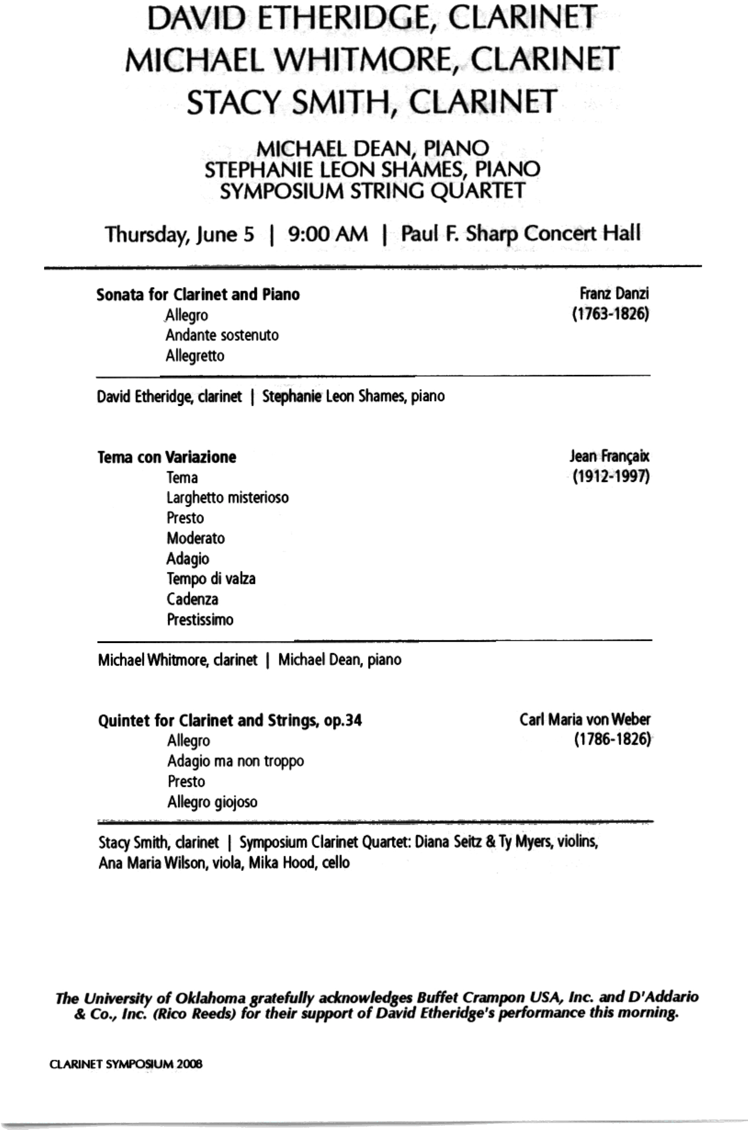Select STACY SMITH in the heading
pyautogui.click(x=286, y=102)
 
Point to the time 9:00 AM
pyautogui.click(x=328, y=234)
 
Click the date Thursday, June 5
pyautogui.click(x=180, y=235)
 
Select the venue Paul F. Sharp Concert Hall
pyautogui.click(x=521, y=234)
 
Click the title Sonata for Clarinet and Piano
pyautogui.click(x=198, y=294)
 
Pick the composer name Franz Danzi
pyautogui.click(x=614, y=294)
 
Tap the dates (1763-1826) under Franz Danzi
pyautogui.click(x=611, y=314)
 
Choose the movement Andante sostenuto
pyautogui.click(x=222, y=335)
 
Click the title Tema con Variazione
pyautogui.click(x=167, y=457)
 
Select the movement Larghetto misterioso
pyautogui.click(x=227, y=498)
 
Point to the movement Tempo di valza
pyautogui.click(x=211, y=579)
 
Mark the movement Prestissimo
pyautogui.click(x=200, y=620)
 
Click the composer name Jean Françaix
pyautogui.click(x=609, y=457)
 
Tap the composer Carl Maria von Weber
pyautogui.click(x=585, y=719)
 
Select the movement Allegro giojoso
pyautogui.click(x=212, y=802)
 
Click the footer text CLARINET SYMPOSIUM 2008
pyautogui.click(x=126, y=1064)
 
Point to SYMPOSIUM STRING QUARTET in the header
pyautogui.click(x=372, y=191)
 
